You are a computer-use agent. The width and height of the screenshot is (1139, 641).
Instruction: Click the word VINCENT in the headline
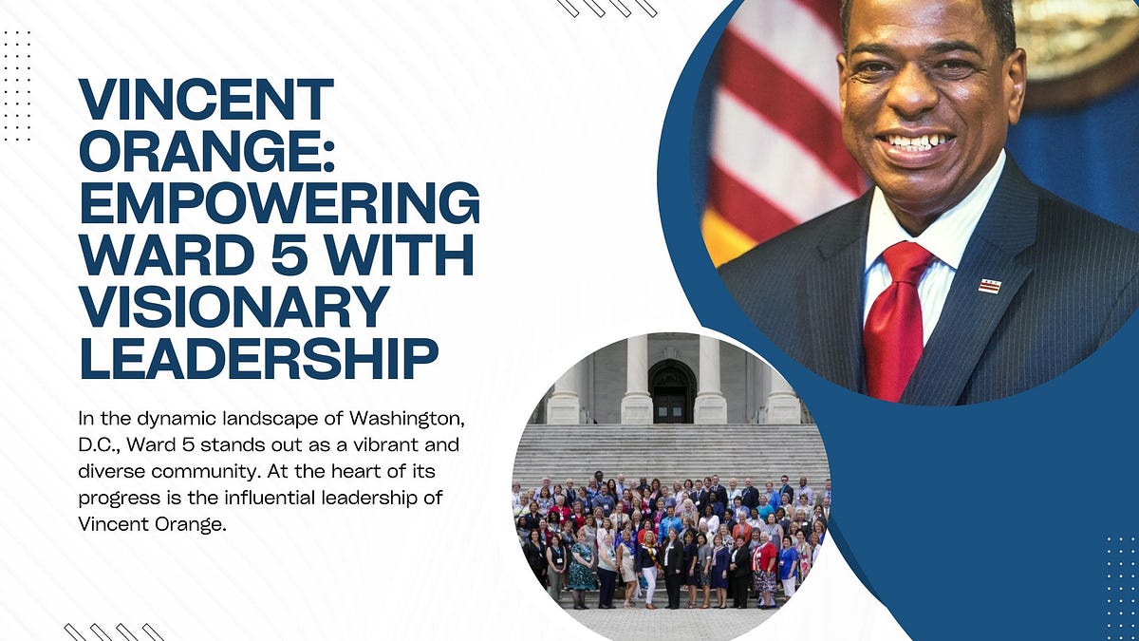tap(206, 100)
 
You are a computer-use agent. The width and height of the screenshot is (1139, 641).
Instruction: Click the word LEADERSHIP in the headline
tap(258, 359)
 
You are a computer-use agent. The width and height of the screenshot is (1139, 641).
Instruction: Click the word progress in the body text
tap(117, 498)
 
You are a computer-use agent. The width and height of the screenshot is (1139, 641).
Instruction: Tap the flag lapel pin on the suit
tap(990, 286)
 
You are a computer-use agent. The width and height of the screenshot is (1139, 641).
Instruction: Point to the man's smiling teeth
tap(915, 142)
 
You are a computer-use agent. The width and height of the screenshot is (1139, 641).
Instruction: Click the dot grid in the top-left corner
tap(17, 85)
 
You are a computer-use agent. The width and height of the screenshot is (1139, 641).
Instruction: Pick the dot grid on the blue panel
tap(1121, 578)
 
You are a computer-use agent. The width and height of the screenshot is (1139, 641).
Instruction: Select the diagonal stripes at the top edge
tap(607, 8)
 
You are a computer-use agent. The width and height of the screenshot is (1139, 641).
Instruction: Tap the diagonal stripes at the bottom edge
tap(114, 632)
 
